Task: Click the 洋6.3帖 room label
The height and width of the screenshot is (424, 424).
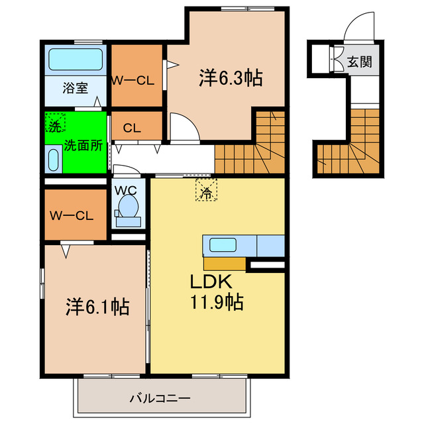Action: pyautogui.click(x=231, y=78)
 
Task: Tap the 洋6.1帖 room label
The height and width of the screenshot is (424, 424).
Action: pyautogui.click(x=97, y=307)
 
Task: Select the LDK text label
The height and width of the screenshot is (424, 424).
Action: pyautogui.click(x=211, y=282)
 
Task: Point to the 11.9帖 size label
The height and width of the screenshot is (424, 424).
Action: pyautogui.click(x=217, y=301)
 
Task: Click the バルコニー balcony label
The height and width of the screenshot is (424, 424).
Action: pyautogui.click(x=160, y=398)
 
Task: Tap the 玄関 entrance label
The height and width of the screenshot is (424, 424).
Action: pyautogui.click(x=360, y=62)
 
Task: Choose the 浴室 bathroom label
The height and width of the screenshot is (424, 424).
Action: pyautogui.click(x=75, y=87)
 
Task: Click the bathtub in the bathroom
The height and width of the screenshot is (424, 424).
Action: pyautogui.click(x=76, y=59)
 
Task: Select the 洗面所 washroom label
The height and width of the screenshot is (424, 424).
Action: pyautogui.click(x=83, y=146)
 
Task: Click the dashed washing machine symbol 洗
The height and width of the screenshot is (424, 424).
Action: pyautogui.click(x=55, y=123)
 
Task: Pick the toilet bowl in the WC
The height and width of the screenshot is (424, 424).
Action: pyautogui.click(x=129, y=206)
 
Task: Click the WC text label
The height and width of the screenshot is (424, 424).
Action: pyautogui.click(x=125, y=191)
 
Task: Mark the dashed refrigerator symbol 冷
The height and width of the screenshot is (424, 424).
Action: pyautogui.click(x=206, y=189)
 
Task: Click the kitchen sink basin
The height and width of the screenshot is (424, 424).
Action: pyautogui.click(x=223, y=244)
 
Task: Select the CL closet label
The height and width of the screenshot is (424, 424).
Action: pyautogui.click(x=132, y=128)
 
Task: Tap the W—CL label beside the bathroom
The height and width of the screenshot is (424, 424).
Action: pyautogui.click(x=133, y=81)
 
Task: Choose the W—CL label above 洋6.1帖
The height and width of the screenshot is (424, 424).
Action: pyautogui.click(x=72, y=215)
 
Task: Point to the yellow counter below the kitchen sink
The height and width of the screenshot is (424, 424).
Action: pyautogui.click(x=225, y=264)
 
